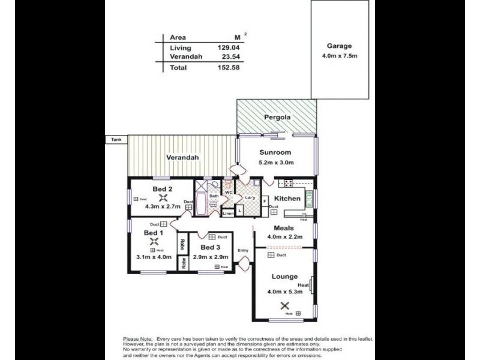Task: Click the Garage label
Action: [339, 46]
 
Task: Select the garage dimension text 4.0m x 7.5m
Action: [339, 58]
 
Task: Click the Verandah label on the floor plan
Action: [182, 158]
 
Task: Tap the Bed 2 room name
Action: [162, 190]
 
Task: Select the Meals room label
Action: [283, 228]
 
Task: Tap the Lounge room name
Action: [284, 277]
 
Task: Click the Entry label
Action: [243, 251]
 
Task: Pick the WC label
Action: [229, 193]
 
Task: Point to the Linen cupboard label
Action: [228, 213]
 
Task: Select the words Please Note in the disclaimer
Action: [137, 339]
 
